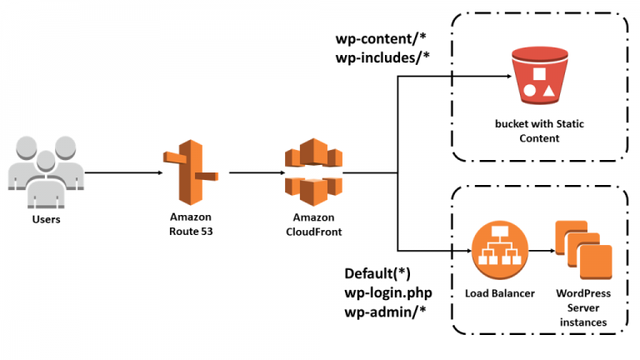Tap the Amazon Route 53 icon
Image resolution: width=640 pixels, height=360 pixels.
coord(187,172)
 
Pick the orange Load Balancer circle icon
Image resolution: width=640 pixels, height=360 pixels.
coord(500,251)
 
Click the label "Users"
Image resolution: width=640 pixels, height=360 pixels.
coord(46,221)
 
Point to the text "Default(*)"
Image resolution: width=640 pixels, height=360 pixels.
coord(377,273)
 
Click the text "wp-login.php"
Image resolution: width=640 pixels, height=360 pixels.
coord(388,293)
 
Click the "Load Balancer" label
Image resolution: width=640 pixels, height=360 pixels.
coord(500,293)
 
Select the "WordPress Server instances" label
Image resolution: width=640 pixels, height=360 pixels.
coord(583,307)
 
